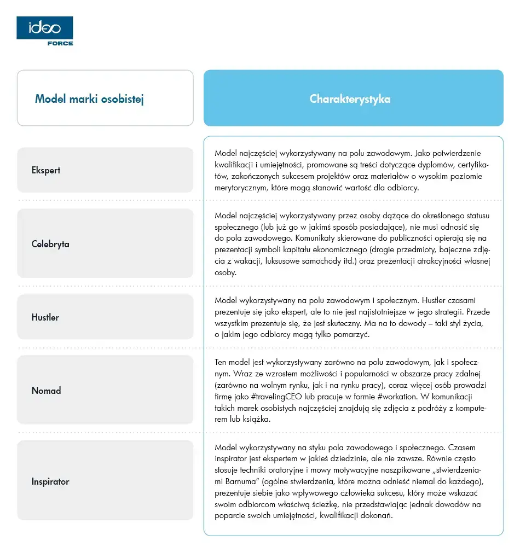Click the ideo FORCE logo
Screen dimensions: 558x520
coord(45,31)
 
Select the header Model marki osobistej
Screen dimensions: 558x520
coord(89,99)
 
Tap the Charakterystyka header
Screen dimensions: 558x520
coord(350,99)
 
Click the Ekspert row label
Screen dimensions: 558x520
coord(46,170)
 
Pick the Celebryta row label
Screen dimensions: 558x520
coord(50,244)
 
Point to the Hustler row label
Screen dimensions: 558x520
coord(45,317)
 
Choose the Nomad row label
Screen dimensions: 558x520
coord(46,391)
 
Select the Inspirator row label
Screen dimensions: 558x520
coord(50,482)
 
